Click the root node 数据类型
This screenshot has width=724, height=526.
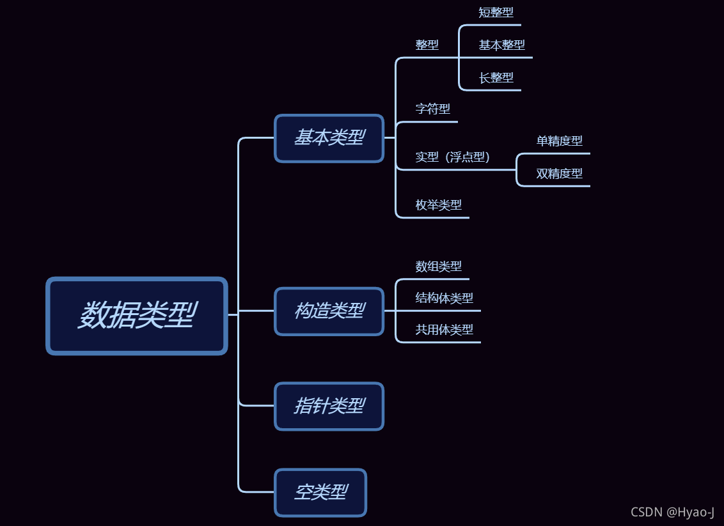coord(137,316)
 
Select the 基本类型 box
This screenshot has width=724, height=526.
coord(329,138)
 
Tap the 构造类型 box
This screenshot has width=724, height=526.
coord(329,311)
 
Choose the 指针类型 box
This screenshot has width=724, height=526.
coord(329,406)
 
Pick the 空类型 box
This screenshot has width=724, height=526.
coord(320,492)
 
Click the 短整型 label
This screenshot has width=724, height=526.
coord(496,12)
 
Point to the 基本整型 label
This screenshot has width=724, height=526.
coord(501,45)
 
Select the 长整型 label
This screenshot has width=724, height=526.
coord(496,77)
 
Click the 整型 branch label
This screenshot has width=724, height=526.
coord(427,45)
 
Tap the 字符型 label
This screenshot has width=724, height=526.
coord(432,109)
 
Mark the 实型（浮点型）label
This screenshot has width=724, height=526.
coord(452,157)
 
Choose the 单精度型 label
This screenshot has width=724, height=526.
coord(559,141)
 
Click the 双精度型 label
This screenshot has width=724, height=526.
coord(559,173)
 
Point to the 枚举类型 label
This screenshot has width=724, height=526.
coord(438,205)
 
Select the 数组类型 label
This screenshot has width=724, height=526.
coord(438,266)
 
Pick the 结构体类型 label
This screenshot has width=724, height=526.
coord(444,298)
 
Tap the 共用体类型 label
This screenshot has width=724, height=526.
coord(444,330)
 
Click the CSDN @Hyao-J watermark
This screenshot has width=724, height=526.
coord(672,512)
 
